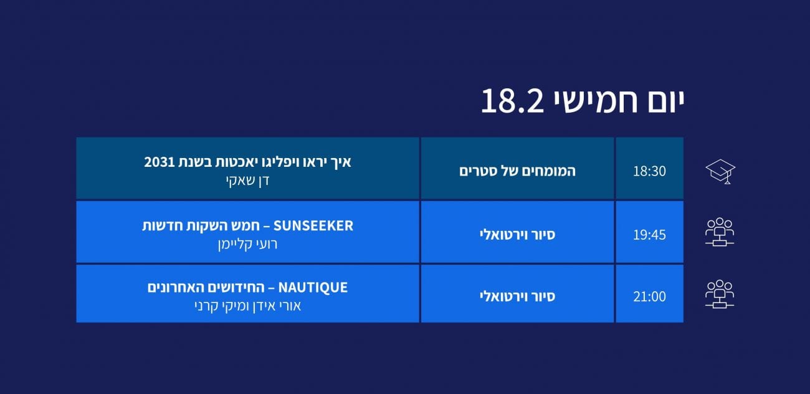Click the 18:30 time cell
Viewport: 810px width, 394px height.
click(649, 168)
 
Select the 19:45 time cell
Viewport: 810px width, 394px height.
click(649, 232)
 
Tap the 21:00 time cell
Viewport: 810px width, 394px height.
click(649, 294)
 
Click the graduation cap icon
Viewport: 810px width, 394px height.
click(720, 172)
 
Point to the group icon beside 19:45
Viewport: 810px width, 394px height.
click(720, 232)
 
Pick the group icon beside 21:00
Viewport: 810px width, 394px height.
click(720, 294)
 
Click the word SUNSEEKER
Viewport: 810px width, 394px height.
click(313, 226)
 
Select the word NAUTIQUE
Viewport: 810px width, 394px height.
click(313, 288)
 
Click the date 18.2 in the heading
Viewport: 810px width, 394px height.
click(512, 101)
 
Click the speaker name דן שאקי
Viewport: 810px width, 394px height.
click(247, 181)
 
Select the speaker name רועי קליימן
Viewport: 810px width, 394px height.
click(247, 244)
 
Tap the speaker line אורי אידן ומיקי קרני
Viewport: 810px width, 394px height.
click(247, 306)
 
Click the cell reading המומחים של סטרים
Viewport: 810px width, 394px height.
click(517, 171)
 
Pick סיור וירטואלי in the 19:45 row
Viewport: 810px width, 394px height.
click(517, 235)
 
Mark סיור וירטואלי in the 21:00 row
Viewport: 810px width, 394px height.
click(517, 296)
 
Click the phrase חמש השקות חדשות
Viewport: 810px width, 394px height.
click(201, 226)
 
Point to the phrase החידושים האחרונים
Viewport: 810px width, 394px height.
click(206, 288)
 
